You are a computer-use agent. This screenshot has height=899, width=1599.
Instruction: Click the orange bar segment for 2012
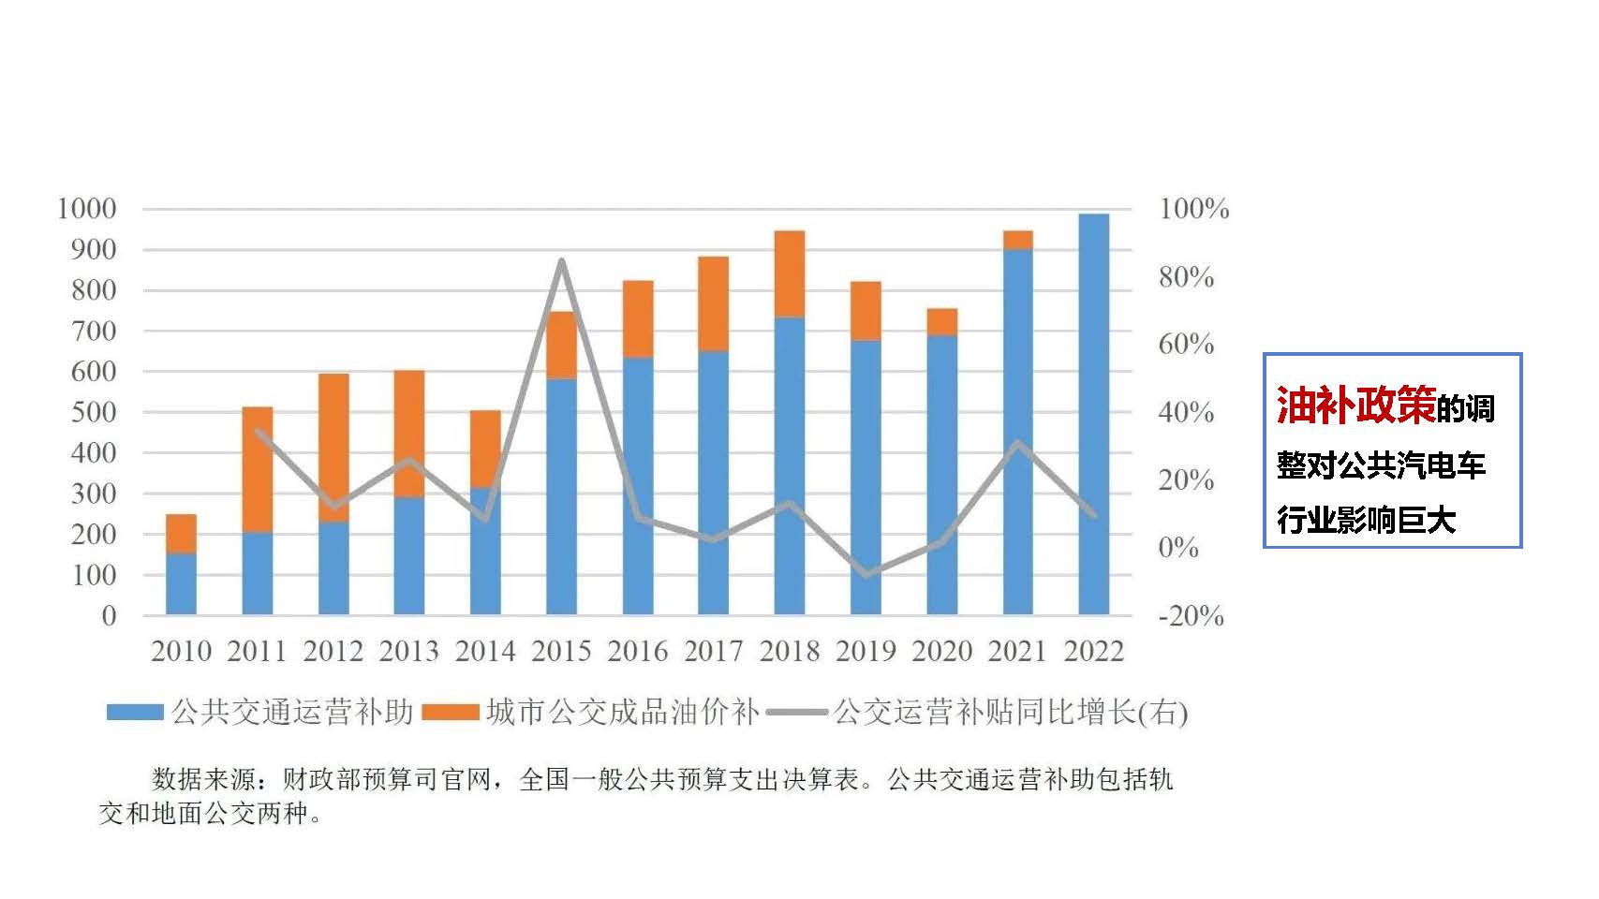[x=333, y=448]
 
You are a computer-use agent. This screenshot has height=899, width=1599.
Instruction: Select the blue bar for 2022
[x=1093, y=414]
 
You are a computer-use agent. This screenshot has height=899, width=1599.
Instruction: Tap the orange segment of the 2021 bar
[x=1017, y=240]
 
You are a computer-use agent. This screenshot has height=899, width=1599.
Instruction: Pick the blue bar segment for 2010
[x=181, y=583]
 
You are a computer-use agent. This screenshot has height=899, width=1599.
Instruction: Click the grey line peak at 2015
[x=561, y=261]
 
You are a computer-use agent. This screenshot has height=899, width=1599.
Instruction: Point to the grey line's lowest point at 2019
[x=866, y=573]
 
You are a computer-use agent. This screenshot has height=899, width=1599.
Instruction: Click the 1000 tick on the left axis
[x=87, y=209]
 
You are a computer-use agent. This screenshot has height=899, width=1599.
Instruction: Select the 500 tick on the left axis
[x=94, y=412]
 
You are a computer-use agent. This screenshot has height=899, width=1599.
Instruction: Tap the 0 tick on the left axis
[x=109, y=616]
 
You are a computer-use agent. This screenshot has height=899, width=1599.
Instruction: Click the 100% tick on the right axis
[x=1193, y=209]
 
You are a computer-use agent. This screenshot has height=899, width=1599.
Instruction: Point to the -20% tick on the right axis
[x=1191, y=616]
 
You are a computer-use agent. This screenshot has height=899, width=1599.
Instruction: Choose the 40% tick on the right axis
[x=1186, y=412]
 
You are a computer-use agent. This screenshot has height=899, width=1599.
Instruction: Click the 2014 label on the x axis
[x=485, y=651]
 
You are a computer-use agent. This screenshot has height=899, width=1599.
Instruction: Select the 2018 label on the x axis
[x=790, y=651]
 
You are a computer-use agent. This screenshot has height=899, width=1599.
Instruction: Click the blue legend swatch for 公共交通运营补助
[x=135, y=713]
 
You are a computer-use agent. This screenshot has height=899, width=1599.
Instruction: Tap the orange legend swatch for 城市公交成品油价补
[x=451, y=713]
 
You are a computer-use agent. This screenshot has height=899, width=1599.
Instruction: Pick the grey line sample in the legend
[x=796, y=713]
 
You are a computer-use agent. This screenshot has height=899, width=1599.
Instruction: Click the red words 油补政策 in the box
[x=1355, y=405]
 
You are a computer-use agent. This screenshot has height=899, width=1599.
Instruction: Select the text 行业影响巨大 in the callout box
[x=1366, y=520]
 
